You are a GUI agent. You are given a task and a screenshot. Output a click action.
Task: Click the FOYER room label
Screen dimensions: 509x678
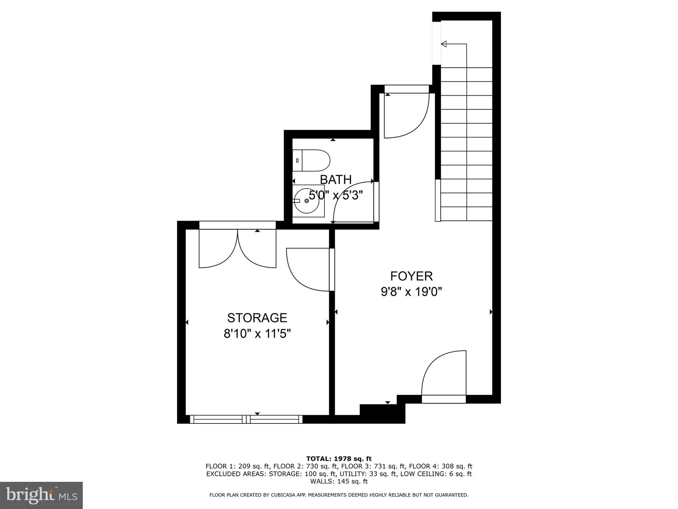411,276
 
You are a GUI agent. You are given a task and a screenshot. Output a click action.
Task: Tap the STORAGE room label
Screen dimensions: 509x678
257,318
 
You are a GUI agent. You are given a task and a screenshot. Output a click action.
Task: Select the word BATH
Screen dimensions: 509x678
336,180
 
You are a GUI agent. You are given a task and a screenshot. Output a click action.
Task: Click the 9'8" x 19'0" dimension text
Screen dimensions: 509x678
411,291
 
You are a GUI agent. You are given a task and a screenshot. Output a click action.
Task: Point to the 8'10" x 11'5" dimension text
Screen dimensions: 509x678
257,334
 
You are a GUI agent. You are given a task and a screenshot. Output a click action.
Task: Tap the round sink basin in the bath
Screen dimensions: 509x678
306,201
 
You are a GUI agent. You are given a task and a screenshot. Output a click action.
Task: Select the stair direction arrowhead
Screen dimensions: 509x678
444,44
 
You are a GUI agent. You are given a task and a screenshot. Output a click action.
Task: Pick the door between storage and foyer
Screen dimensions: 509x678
308,270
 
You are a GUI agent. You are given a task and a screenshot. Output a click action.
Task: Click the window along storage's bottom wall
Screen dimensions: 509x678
246,419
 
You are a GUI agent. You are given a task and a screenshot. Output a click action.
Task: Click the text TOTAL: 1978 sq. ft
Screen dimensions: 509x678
339,459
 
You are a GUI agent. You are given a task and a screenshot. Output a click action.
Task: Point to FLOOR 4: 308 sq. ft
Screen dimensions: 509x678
440,466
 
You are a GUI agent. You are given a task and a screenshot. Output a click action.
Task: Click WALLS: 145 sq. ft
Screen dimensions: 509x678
339,481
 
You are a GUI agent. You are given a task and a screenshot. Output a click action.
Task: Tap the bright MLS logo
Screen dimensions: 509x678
41,495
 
